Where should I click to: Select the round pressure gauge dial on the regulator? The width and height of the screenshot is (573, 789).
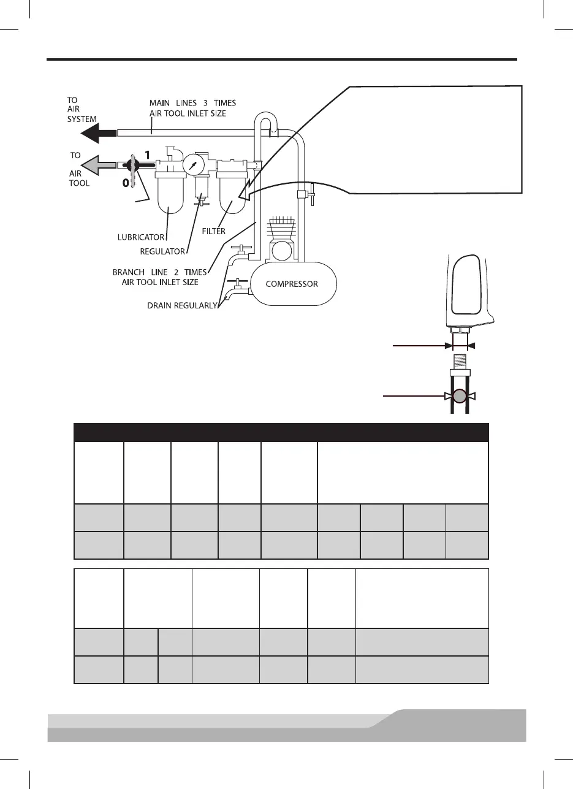tap(193, 164)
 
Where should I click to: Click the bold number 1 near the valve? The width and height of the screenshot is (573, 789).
tap(146, 156)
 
